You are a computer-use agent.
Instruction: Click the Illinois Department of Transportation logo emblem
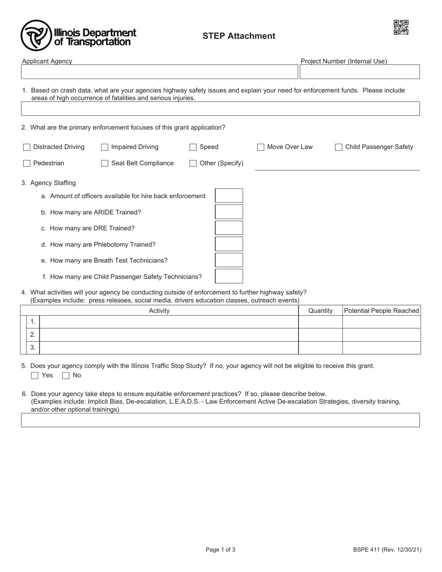pyautogui.click(x=36, y=35)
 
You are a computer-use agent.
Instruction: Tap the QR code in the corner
pyautogui.click(x=401, y=27)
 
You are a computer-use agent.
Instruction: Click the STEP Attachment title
pyautogui.click(x=239, y=36)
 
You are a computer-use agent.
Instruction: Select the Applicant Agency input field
pyautogui.click(x=159, y=72)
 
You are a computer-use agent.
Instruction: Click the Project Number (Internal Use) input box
pyautogui.click(x=359, y=72)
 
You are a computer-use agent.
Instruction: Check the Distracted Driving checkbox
pyautogui.click(x=27, y=147)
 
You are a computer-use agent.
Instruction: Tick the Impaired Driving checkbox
pyautogui.click(x=105, y=147)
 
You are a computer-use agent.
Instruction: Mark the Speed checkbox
pyautogui.click(x=193, y=147)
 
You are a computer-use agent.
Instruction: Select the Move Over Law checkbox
pyautogui.click(x=261, y=147)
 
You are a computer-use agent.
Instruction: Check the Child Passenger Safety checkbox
pyautogui.click(x=339, y=147)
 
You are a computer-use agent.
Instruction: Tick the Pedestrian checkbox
pyautogui.click(x=27, y=163)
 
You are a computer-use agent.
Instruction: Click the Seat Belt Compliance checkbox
pyautogui.click(x=105, y=163)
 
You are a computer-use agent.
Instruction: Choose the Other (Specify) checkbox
pyautogui.click(x=193, y=163)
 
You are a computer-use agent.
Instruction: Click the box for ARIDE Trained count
pyautogui.click(x=229, y=212)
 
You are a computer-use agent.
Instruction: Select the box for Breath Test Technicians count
pyautogui.click(x=229, y=260)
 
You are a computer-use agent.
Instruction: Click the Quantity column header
pyautogui.click(x=320, y=311)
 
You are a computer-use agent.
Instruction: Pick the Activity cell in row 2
pyautogui.click(x=168, y=335)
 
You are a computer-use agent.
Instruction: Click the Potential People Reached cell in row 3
pyautogui.click(x=381, y=348)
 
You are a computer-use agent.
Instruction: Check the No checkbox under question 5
pyautogui.click(x=66, y=375)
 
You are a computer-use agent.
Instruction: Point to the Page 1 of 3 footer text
pyautogui.click(x=221, y=550)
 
